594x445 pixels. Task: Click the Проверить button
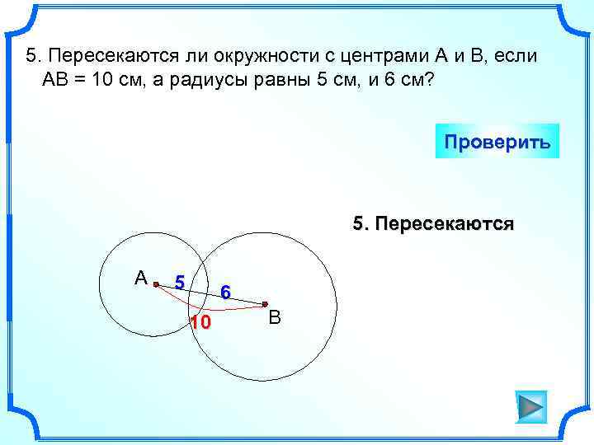point(497,141)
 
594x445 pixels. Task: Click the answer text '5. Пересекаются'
point(433,223)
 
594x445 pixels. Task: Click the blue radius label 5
point(179,283)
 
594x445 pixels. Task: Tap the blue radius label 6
point(225,292)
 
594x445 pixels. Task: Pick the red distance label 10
point(200,321)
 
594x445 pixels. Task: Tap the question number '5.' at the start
point(33,56)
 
